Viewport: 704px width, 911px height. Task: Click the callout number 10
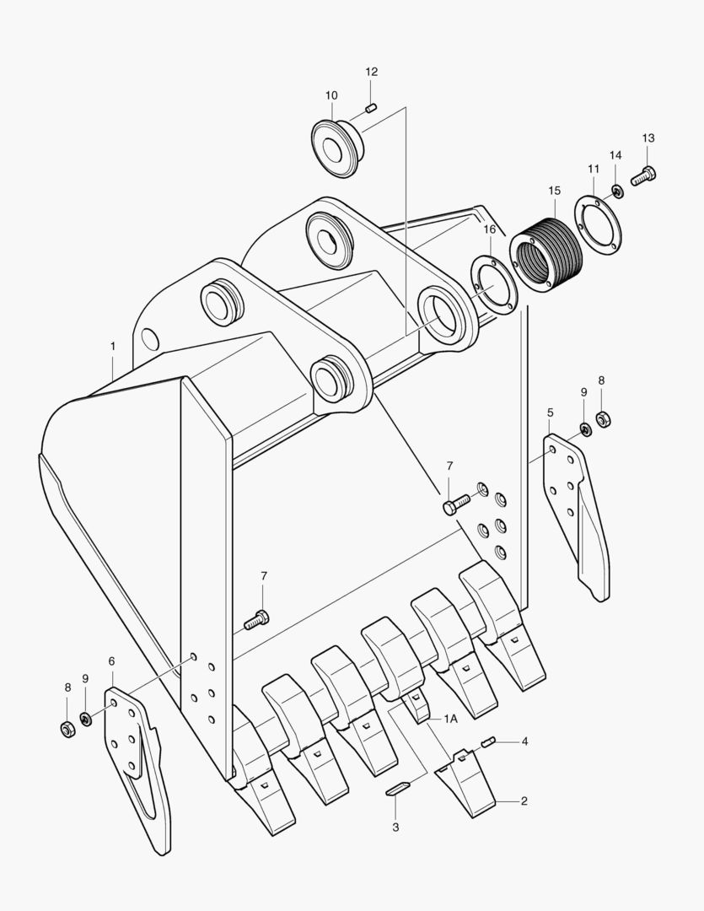[331, 95]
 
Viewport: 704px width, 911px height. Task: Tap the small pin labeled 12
[372, 107]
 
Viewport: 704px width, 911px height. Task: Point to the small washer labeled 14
[617, 192]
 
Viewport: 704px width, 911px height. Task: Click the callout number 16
[490, 229]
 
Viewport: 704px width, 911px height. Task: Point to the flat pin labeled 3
[398, 789]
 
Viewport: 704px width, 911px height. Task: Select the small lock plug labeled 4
[487, 742]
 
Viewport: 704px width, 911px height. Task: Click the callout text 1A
[451, 719]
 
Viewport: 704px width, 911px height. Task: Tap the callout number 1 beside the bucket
[111, 346]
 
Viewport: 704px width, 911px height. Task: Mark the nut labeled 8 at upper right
[603, 418]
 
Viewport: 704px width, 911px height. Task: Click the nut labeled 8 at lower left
[68, 728]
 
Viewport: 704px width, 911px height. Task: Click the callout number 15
[554, 191]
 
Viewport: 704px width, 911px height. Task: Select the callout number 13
[648, 137]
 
